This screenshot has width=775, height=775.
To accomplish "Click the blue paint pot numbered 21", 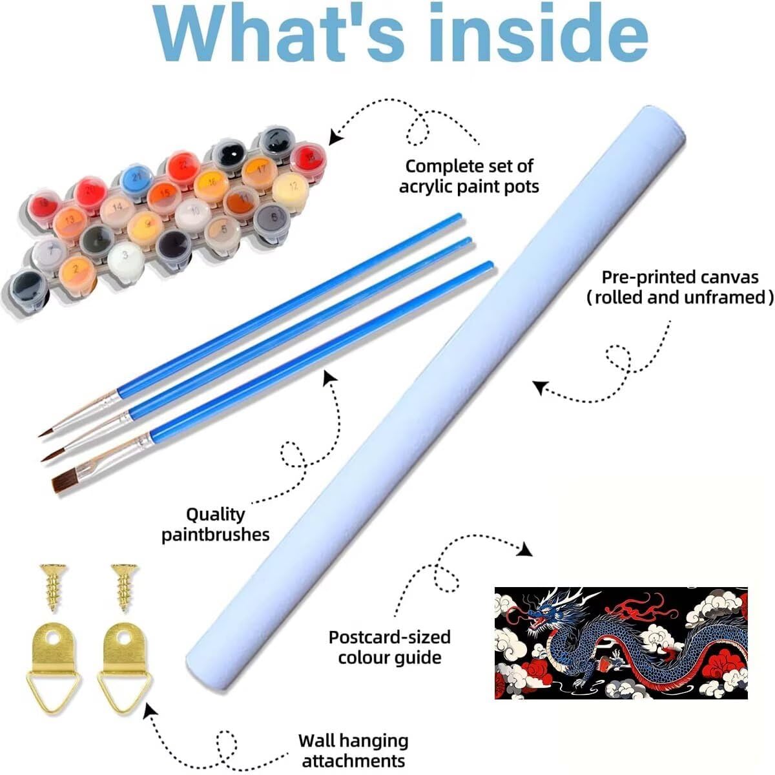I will pos(136,176).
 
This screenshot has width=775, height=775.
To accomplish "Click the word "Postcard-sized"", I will pos(389,637).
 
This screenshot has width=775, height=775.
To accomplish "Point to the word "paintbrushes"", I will pos(215,535).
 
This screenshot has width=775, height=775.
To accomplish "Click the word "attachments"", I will pos(353,760).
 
